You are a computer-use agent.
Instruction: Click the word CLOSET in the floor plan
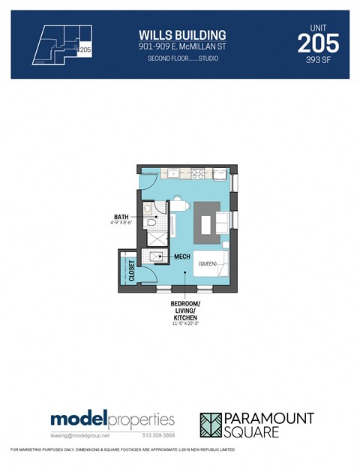point(132,269)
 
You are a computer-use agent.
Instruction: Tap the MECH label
point(182,256)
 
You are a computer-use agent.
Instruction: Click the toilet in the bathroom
point(151,223)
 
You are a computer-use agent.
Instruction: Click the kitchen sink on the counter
point(174,173)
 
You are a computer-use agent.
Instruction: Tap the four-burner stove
point(200,173)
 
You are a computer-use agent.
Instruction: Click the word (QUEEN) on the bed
point(208,263)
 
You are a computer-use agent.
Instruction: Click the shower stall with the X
point(157,238)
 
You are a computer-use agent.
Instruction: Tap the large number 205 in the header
point(317,43)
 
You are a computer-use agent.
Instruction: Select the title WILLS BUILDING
point(182,35)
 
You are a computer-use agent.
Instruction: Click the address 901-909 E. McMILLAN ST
point(182,47)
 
